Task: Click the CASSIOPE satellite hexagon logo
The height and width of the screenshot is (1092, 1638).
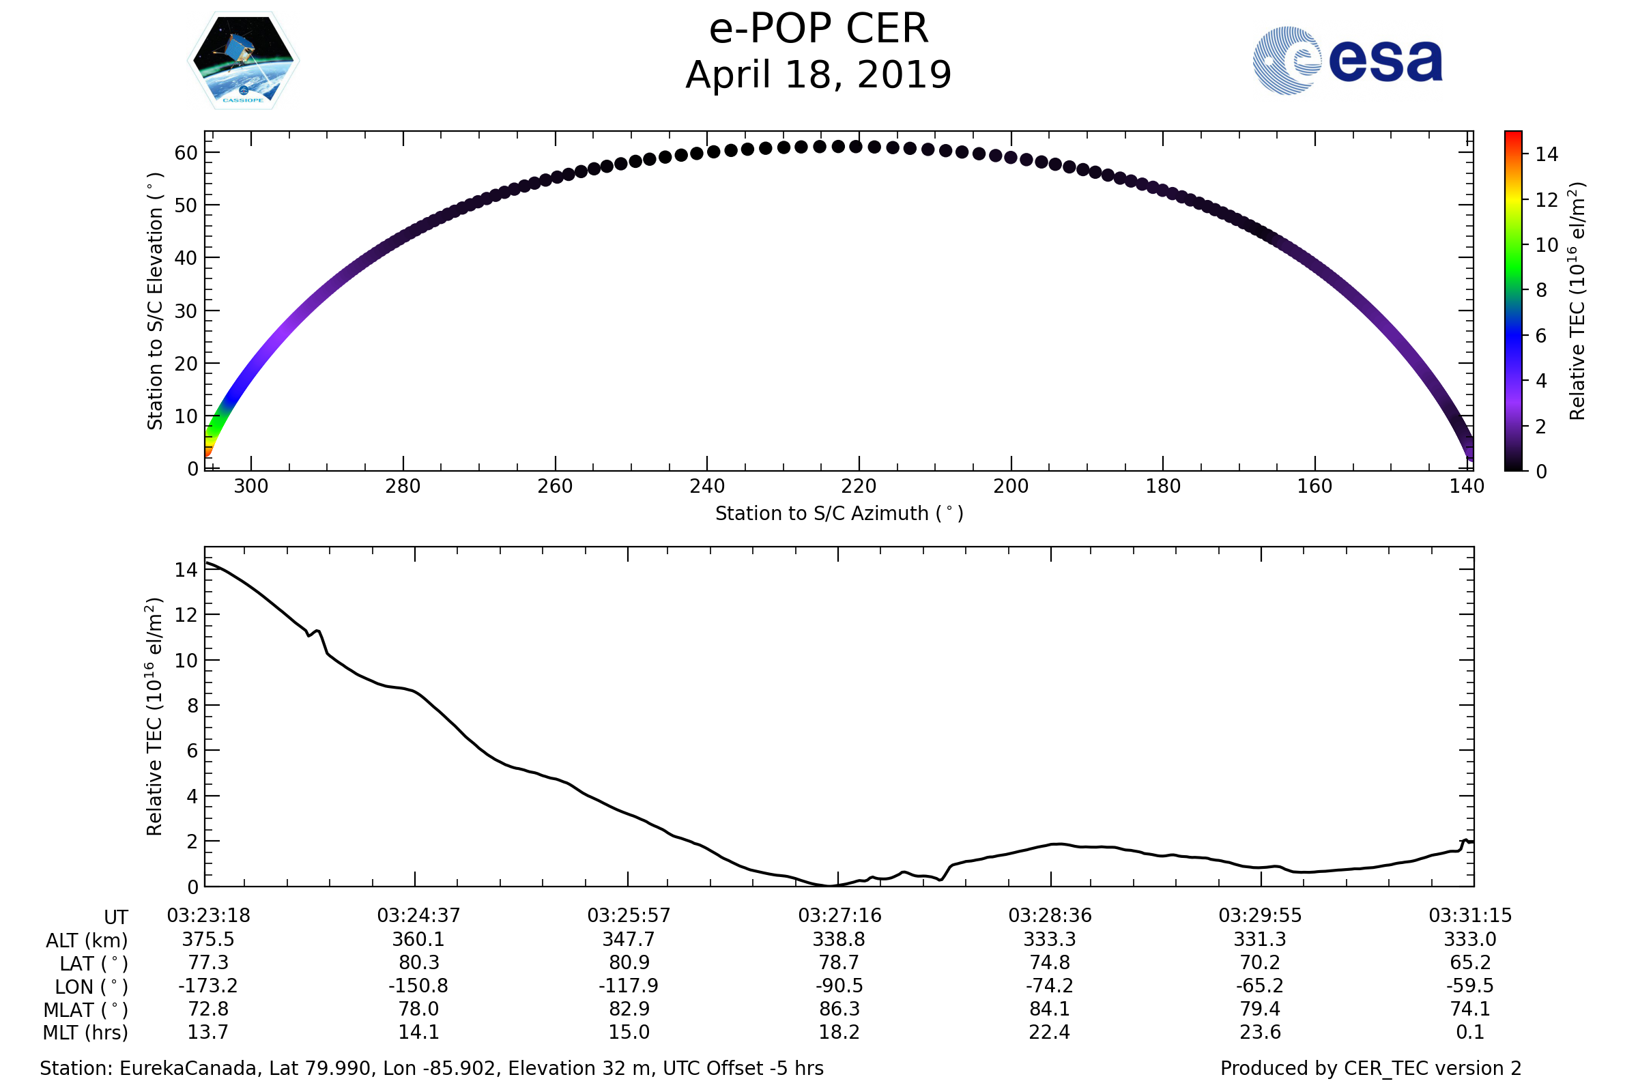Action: tap(243, 61)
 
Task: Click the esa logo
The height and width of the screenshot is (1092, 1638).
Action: tap(1347, 61)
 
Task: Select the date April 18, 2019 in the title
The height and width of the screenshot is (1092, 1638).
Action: tap(818, 75)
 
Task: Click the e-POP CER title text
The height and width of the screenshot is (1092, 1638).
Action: tap(818, 29)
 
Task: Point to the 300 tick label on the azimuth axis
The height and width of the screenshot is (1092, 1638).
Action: tap(250, 486)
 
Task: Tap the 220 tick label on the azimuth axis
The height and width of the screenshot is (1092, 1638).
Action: tap(859, 486)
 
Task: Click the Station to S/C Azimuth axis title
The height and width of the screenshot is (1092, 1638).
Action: tap(839, 514)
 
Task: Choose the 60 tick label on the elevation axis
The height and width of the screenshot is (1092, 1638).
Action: tap(186, 153)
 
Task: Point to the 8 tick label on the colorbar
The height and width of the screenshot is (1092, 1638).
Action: tap(1541, 291)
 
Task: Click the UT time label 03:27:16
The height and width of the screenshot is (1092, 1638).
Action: tap(839, 916)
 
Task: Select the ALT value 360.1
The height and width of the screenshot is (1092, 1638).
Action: tap(418, 940)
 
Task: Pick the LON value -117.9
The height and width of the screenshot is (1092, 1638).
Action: tap(628, 986)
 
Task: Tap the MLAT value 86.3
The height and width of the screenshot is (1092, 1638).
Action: tap(839, 1009)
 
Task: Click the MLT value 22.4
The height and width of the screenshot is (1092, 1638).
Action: tap(1050, 1032)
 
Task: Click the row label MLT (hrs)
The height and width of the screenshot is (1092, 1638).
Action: tap(86, 1033)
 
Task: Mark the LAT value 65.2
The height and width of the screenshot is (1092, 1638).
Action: tap(1470, 962)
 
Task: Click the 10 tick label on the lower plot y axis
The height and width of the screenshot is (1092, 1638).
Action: tap(186, 660)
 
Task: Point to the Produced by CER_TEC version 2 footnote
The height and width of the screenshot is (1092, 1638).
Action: tap(1370, 1069)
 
